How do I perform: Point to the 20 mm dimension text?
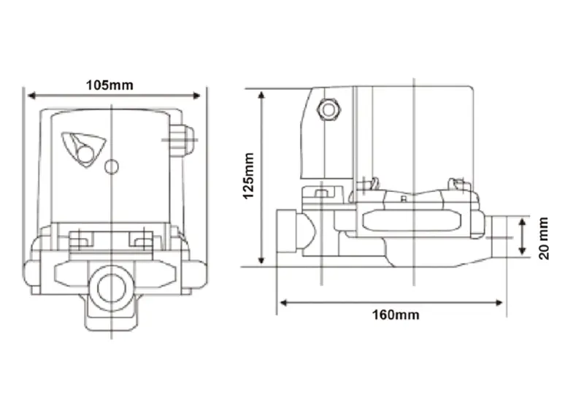coord(542,236)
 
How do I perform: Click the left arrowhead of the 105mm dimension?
coord(31,94)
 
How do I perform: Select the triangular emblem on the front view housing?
coord(80,148)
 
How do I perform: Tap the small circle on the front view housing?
coord(111,167)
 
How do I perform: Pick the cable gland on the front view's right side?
coord(182,139)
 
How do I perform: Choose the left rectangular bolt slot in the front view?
coord(80,239)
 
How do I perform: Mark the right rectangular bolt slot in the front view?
coord(141,239)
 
